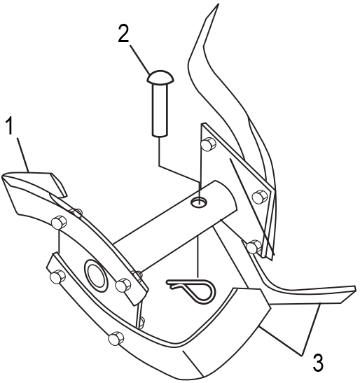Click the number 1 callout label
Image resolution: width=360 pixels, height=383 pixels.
(x=10, y=125)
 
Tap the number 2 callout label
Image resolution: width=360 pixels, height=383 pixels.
(x=123, y=33)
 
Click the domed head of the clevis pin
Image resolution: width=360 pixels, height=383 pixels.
(x=160, y=76)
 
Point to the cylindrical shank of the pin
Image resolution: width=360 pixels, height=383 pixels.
(x=160, y=109)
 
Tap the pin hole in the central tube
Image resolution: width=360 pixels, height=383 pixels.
(x=198, y=202)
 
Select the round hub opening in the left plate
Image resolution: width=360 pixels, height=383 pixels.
(x=96, y=276)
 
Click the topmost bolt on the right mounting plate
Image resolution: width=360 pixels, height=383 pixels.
(x=208, y=144)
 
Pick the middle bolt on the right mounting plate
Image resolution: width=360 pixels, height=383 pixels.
(x=260, y=197)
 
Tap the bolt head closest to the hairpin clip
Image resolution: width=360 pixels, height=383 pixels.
(x=123, y=285)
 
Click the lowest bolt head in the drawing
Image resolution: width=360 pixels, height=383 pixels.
(x=116, y=339)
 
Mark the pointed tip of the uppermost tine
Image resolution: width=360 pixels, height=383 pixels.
(x=218, y=5)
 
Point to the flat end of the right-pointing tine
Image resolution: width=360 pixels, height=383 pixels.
(x=348, y=294)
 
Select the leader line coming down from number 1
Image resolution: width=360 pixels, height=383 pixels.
(x=22, y=155)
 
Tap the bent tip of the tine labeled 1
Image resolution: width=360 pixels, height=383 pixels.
(x=58, y=184)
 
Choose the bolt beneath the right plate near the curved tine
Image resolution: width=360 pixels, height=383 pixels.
(x=254, y=246)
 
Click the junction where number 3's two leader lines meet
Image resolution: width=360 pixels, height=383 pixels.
(x=302, y=354)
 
